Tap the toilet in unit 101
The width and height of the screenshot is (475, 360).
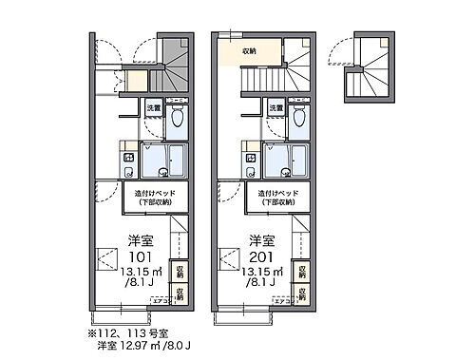(177, 119)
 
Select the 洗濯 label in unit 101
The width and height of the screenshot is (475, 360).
(153, 109)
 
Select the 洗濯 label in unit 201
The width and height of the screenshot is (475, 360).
(275, 109)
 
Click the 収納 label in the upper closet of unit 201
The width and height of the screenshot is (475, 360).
(249, 50)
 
